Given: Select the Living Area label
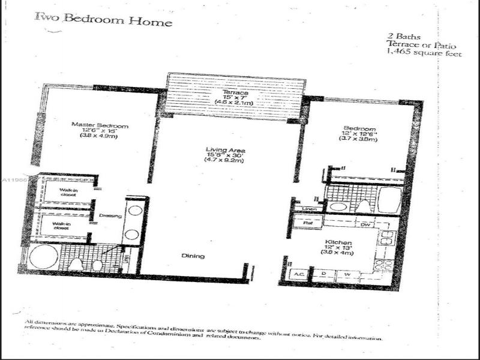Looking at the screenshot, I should tap(226, 150).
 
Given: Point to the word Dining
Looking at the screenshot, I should tap(193, 256).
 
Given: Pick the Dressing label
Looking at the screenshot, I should tap(111, 216).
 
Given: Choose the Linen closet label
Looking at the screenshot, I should tap(309, 209).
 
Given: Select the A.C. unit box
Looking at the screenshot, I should tap(298, 274).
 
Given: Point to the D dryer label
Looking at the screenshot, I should tap(324, 274).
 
